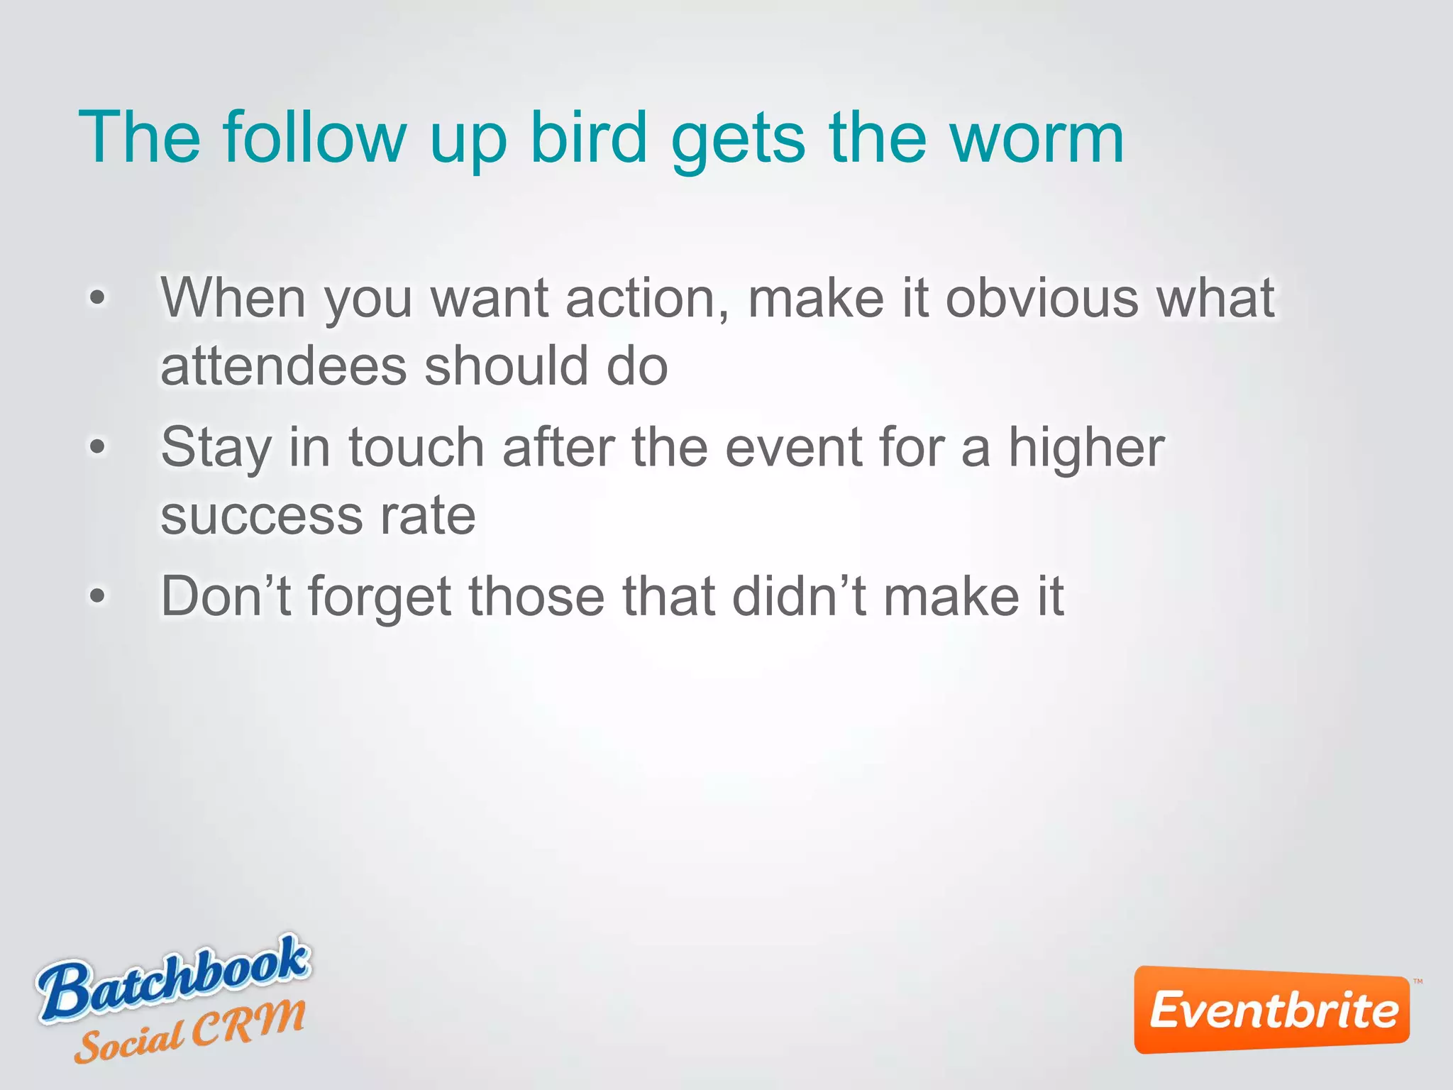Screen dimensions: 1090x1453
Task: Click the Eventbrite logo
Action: point(1272,1009)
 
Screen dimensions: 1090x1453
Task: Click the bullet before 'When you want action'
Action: point(97,298)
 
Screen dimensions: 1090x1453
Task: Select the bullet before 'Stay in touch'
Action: point(97,447)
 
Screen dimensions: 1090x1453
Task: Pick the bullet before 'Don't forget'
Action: point(97,596)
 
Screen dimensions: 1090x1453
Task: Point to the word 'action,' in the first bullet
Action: point(647,298)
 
